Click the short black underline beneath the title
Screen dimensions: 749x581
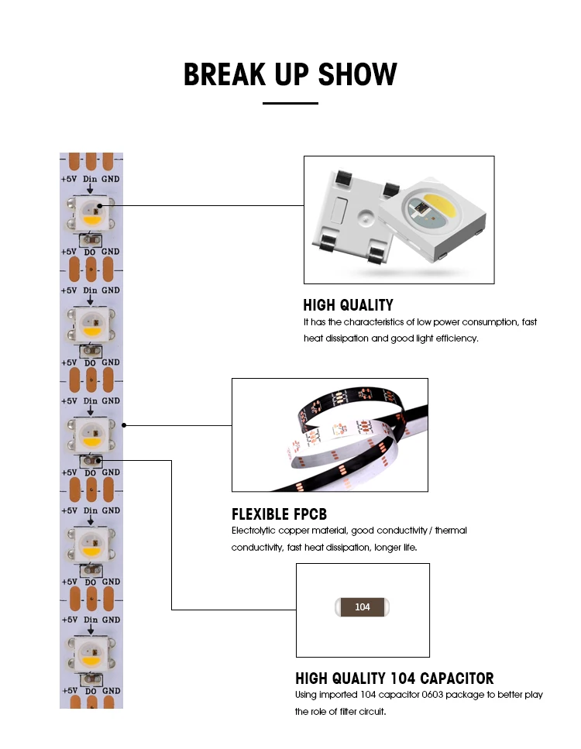(290, 103)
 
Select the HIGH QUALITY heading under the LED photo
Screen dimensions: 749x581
(348, 305)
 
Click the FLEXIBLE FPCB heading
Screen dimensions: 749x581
(279, 514)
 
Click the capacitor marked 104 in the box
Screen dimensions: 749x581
(363, 607)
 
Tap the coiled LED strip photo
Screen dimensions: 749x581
(329, 434)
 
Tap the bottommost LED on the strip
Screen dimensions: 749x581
(91, 654)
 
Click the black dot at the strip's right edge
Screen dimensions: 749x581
(125, 424)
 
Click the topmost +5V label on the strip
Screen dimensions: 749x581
(69, 178)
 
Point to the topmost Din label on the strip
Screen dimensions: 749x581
(91, 178)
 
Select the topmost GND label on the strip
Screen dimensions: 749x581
(112, 178)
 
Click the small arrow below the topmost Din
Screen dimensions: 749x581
(91, 188)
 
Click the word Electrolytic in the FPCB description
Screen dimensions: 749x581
(255, 531)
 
